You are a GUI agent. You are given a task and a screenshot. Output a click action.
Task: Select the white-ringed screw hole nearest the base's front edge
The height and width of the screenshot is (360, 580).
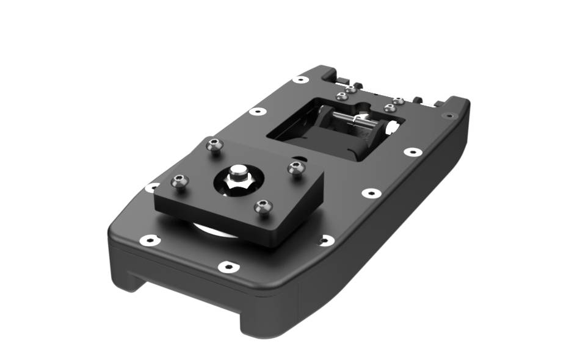[x=227, y=266]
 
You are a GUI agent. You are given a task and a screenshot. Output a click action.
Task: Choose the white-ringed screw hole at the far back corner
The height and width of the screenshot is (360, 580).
[x=300, y=79]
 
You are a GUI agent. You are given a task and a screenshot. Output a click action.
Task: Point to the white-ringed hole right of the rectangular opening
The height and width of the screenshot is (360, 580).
[x=413, y=151]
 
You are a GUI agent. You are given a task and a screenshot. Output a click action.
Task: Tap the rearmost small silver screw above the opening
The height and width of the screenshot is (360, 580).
[x=350, y=89]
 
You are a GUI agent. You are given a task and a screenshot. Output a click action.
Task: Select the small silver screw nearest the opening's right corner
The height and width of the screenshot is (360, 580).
[x=390, y=108]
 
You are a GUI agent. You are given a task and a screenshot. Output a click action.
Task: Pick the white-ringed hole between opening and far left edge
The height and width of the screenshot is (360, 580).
[x=258, y=112]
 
